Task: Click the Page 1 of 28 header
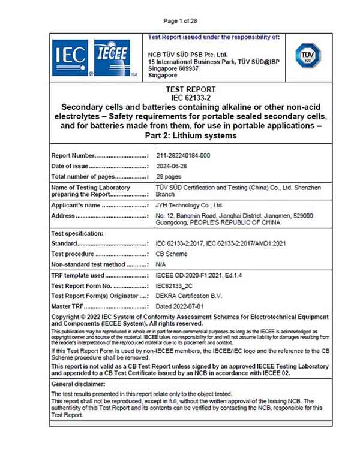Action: (180, 21)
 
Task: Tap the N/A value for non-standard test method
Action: (160, 264)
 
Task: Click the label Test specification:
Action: (77, 233)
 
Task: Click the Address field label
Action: (63, 216)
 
